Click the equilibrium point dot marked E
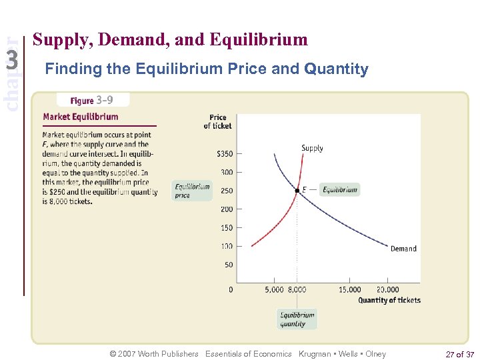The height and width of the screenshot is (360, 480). click(297, 191)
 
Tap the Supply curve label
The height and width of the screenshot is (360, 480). click(312, 148)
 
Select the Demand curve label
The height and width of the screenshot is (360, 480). click(403, 249)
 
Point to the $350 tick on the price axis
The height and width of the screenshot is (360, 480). click(225, 154)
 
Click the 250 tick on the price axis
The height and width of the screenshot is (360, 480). click(227, 191)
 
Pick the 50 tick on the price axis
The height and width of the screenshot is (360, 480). click(229, 265)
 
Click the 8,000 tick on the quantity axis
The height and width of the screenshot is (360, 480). click(297, 289)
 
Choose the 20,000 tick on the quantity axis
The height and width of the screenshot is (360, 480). click(387, 289)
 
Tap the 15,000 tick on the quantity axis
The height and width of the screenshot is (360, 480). click(349, 289)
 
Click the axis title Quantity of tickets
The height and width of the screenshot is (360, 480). click(389, 300)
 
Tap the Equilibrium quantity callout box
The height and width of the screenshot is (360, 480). click(297, 319)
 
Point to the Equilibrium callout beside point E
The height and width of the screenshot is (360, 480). click(339, 190)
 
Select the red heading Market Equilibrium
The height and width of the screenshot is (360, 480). click(81, 117)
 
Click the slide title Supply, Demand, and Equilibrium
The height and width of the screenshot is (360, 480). click(170, 40)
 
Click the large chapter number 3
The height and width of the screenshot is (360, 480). click(11, 61)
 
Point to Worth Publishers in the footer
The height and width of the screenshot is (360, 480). click(167, 354)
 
